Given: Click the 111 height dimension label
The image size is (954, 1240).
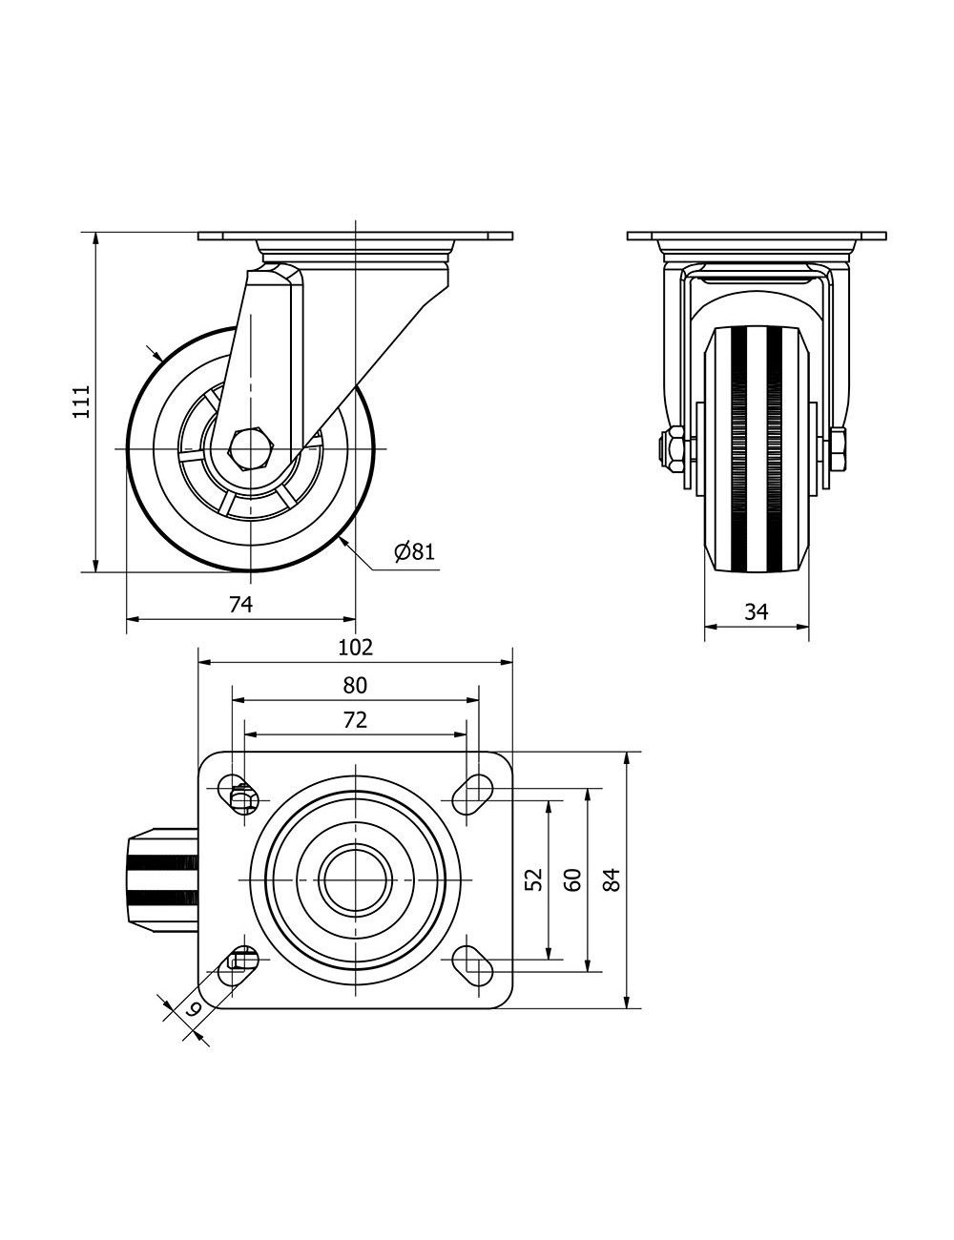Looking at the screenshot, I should click(x=81, y=402).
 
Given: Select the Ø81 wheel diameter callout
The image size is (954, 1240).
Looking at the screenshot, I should click(x=414, y=551).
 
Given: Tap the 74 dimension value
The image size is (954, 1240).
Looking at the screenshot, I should click(x=240, y=604).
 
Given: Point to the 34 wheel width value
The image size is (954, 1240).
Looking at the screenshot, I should click(x=757, y=611).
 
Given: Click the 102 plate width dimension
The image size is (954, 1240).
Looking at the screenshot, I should click(x=355, y=648).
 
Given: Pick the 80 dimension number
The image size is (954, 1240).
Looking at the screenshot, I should click(x=355, y=685).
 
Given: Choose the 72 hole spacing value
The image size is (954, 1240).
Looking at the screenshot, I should click(x=355, y=720).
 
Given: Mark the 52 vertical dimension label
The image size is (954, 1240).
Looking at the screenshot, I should click(x=534, y=878).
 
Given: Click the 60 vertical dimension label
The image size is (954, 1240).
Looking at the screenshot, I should click(x=572, y=878).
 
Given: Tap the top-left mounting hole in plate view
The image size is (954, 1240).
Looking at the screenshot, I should click(x=238, y=792).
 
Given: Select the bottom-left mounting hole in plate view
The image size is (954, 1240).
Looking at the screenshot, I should click(x=238, y=964).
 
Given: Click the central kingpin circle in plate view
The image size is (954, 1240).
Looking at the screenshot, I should click(x=355, y=878).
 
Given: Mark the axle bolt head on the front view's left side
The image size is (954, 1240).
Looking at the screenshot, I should click(x=672, y=448).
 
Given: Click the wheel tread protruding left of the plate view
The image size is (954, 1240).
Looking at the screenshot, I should click(x=161, y=878).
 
